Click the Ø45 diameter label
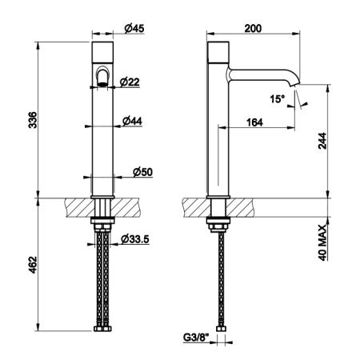(x=134, y=29)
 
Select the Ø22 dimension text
(x=130, y=82)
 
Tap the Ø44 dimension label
(x=132, y=121)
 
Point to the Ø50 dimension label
(x=142, y=172)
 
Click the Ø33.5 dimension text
(x=135, y=239)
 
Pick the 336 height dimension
(x=33, y=120)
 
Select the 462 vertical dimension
(x=33, y=265)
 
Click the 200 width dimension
(x=253, y=28)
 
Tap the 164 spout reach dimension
(x=254, y=122)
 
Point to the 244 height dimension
(x=322, y=141)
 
